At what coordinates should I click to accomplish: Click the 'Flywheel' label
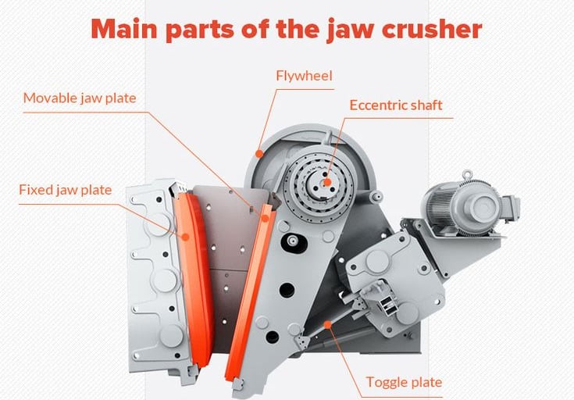304,76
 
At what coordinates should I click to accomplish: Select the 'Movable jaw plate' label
80,98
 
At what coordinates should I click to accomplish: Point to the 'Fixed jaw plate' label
66,190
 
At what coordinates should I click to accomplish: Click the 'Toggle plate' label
404,382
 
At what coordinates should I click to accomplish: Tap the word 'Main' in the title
128,29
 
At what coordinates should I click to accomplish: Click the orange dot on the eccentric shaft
328,182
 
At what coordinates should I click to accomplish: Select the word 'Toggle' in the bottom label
387,382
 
